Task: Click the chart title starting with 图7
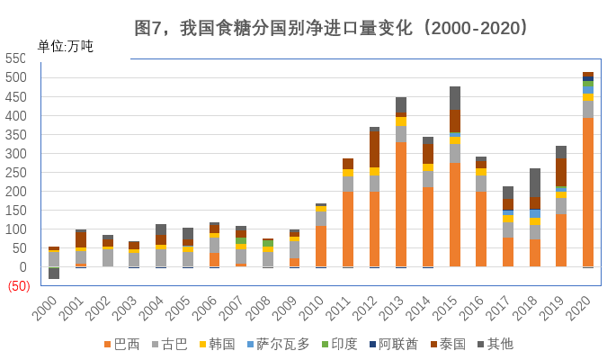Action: (x=331, y=28)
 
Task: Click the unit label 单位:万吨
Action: (x=65, y=47)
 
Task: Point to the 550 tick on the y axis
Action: (x=15, y=59)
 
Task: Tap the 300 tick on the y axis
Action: (x=15, y=154)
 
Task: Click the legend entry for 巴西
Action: (x=121, y=344)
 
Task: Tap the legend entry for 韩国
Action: (x=216, y=344)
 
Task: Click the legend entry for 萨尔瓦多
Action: (x=278, y=344)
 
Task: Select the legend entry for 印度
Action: (x=338, y=344)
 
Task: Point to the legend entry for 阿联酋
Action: (x=393, y=344)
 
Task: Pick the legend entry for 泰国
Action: (x=449, y=344)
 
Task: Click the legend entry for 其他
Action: (x=495, y=344)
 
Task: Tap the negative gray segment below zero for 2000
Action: (x=54, y=273)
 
